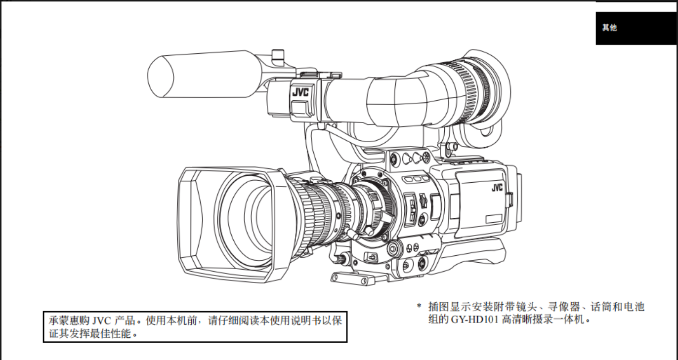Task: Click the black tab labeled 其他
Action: pos(636,28)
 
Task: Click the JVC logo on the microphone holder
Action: pos(300,92)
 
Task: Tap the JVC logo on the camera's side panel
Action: pos(497,188)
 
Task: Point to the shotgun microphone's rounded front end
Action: pos(161,77)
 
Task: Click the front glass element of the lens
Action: pos(245,221)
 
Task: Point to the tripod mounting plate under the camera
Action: pos(353,279)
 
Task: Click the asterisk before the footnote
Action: pos(419,306)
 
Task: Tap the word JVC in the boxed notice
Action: pos(101,320)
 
